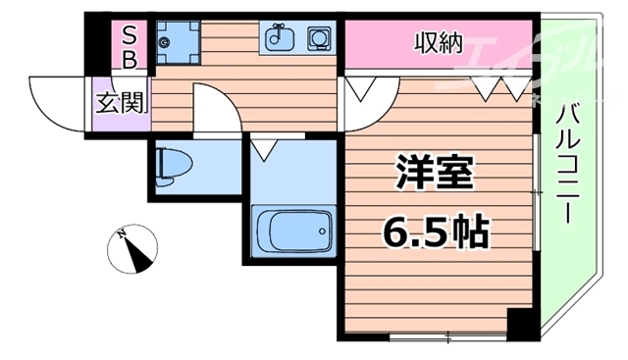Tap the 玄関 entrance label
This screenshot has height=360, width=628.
[x=116, y=101]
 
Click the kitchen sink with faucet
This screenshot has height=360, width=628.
[x=279, y=40]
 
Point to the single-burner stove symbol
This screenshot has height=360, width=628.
[x=319, y=40]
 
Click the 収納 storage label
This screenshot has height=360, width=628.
[x=438, y=42]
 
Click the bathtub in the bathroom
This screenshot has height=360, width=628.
[x=290, y=232]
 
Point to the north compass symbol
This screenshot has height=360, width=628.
[x=134, y=248]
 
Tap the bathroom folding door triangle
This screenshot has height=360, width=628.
[x=262, y=150]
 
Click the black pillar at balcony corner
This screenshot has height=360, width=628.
[x=521, y=322]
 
